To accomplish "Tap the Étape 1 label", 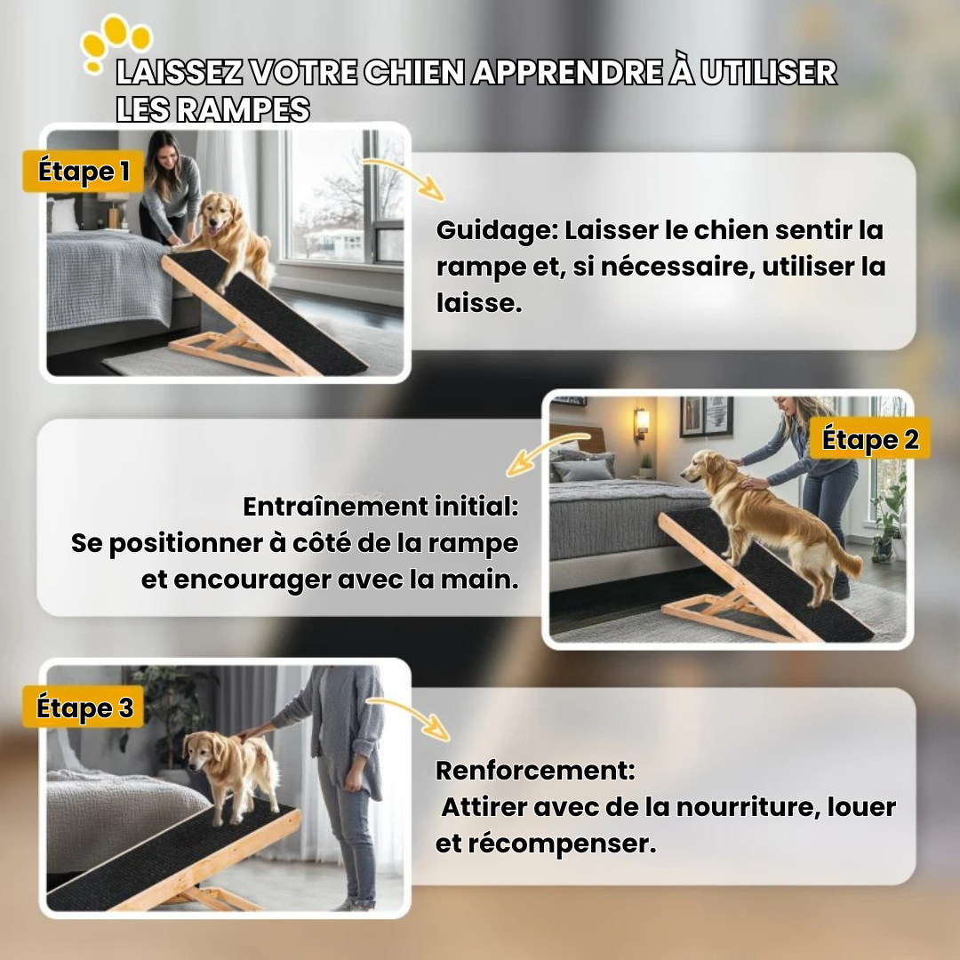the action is point(84,171).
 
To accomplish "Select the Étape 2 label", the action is point(870,439).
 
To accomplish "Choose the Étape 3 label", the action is point(84,708).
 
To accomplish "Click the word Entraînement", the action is point(335,507).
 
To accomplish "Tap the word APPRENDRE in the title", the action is point(567,72).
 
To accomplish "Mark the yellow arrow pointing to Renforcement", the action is point(409,716).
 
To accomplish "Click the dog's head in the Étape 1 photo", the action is point(218,212).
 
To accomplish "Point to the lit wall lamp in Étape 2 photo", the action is point(643,422).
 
